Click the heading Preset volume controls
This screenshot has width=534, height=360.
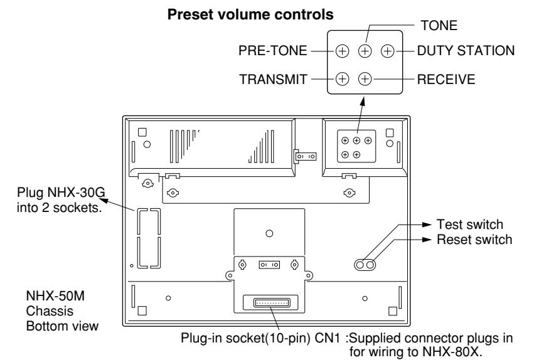point(250,14)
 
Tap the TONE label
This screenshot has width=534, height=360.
point(439,26)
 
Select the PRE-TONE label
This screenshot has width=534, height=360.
point(272,51)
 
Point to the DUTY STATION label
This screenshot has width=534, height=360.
point(466,51)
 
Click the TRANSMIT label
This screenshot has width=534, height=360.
point(273,80)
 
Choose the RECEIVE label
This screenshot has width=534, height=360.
point(446,80)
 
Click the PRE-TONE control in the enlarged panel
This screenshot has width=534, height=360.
point(342,51)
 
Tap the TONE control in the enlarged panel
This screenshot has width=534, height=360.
point(365,51)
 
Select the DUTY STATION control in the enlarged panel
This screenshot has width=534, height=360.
point(388,51)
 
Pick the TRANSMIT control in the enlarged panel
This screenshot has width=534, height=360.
point(342,79)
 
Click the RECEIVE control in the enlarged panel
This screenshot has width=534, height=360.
point(365,79)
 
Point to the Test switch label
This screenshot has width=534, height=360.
point(469,225)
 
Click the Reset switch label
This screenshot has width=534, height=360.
point(474,240)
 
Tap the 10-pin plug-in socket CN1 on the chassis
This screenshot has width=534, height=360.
point(272,302)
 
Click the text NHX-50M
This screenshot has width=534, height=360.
point(55,296)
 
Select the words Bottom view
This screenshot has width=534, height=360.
point(62,326)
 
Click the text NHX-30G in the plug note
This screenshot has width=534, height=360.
point(76,193)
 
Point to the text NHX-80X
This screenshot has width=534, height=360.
point(452,351)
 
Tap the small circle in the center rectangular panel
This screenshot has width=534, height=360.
point(269,233)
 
